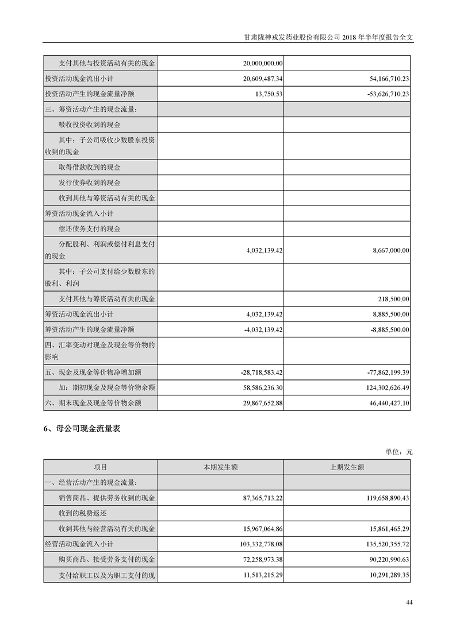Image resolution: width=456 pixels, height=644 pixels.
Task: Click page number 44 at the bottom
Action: (x=409, y=602)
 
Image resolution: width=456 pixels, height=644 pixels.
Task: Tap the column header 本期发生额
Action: (x=220, y=467)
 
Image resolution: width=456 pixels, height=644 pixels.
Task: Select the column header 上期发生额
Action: (x=347, y=467)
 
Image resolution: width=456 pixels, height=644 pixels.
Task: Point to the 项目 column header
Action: (x=100, y=467)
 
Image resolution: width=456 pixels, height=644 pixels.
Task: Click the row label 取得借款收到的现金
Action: (x=90, y=167)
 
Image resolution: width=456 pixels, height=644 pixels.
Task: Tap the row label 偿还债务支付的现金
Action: (x=90, y=229)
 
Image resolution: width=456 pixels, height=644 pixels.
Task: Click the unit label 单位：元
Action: (x=398, y=452)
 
